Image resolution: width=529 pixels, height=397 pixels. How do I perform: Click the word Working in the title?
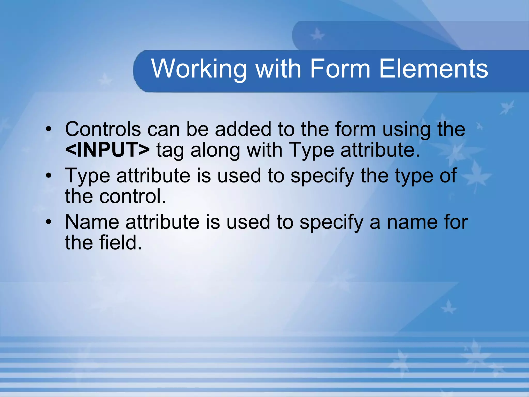coord(199,69)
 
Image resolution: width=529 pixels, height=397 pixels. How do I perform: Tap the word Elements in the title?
coord(433,69)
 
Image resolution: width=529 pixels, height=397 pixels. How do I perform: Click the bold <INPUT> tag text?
coord(107,150)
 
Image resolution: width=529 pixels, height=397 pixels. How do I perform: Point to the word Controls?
coord(103,129)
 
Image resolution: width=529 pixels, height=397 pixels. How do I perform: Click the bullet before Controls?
coord(49,129)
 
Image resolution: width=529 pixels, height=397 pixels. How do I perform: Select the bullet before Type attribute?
coord(49,176)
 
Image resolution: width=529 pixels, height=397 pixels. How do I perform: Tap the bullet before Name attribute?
coord(49,222)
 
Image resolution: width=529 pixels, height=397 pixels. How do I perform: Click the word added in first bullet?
coord(243,129)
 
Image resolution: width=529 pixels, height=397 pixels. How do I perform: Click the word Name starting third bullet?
coord(92,222)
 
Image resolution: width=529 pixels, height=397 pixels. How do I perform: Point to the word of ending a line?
coord(448,176)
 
